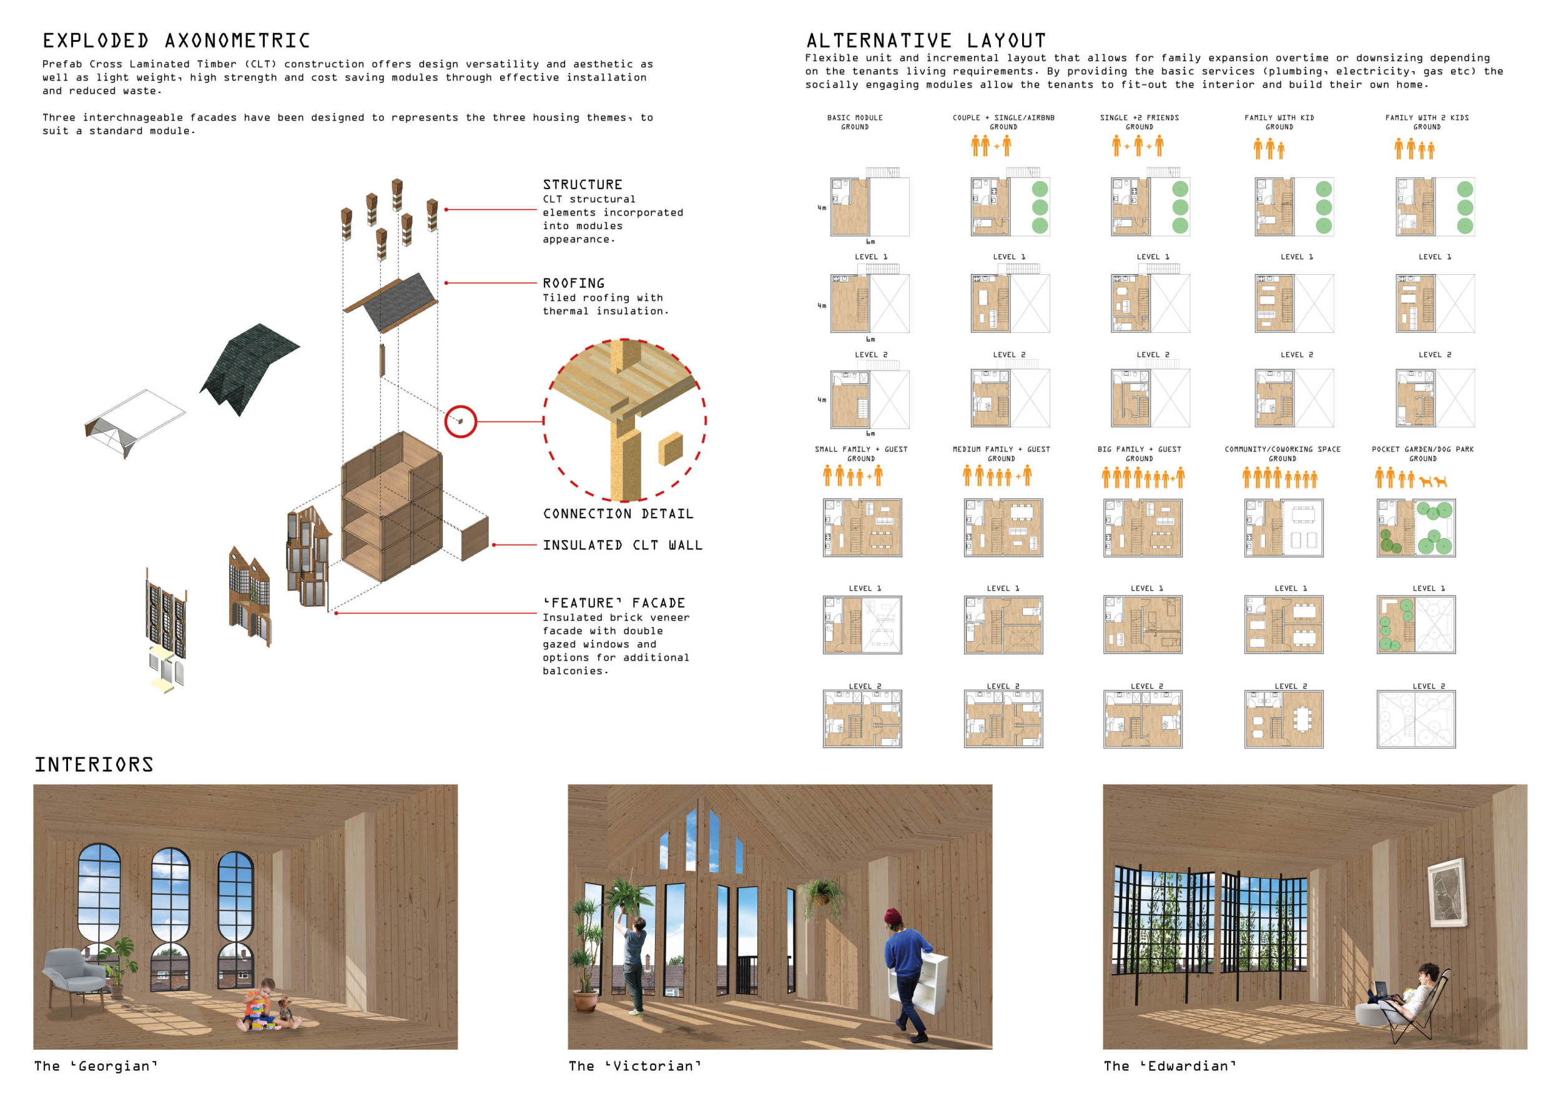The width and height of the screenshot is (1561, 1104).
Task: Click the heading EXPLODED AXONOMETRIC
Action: pyautogui.click(x=176, y=41)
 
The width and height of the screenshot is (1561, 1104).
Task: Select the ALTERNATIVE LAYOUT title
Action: pyautogui.click(x=926, y=41)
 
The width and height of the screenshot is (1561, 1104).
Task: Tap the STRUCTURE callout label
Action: pyautogui.click(x=583, y=185)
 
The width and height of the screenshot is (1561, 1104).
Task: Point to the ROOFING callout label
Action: pyautogui.click(x=574, y=283)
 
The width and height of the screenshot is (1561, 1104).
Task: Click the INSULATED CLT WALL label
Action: pyautogui.click(x=623, y=545)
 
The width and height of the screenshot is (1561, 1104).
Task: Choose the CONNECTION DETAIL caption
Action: pyautogui.click(x=618, y=514)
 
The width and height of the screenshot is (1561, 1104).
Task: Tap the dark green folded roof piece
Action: pyautogui.click(x=249, y=368)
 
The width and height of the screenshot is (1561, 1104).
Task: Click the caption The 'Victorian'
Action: pyautogui.click(x=634, y=1066)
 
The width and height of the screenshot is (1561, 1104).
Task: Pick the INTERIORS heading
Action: pyautogui.click(x=94, y=765)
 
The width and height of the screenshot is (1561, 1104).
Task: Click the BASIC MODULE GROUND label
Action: pyautogui.click(x=855, y=122)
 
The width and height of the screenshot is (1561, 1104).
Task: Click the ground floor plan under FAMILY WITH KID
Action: pyautogui.click(x=1294, y=207)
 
